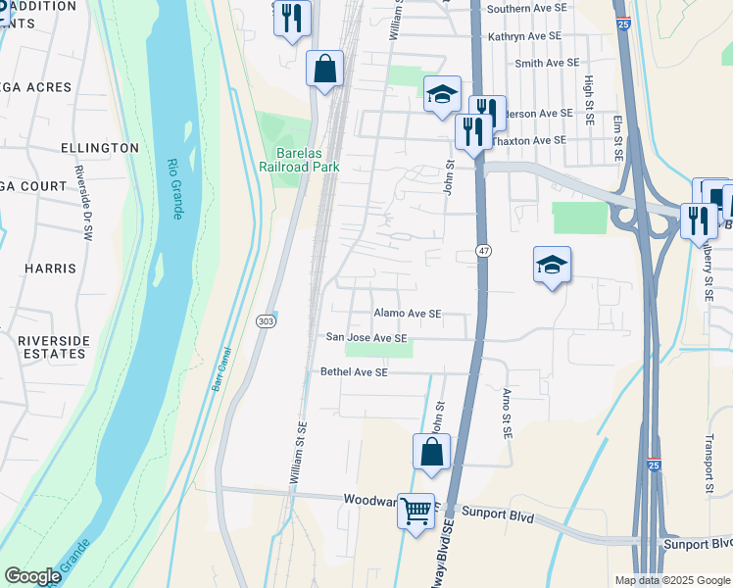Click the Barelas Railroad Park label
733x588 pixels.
tap(306, 160)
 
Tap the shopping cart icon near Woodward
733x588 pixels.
tap(415, 510)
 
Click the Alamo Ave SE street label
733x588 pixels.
tap(407, 314)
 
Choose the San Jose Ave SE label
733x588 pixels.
tap(366, 337)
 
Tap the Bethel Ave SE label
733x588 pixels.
tap(354, 372)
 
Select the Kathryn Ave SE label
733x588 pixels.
tap(524, 35)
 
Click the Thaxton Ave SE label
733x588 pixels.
tap(531, 140)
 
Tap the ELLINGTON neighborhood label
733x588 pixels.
tap(99, 147)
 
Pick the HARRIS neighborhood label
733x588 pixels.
tap(52, 268)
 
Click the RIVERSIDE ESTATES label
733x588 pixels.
tap(53, 347)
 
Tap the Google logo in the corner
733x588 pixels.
tap(32, 576)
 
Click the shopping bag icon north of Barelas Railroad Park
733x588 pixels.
tap(324, 70)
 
